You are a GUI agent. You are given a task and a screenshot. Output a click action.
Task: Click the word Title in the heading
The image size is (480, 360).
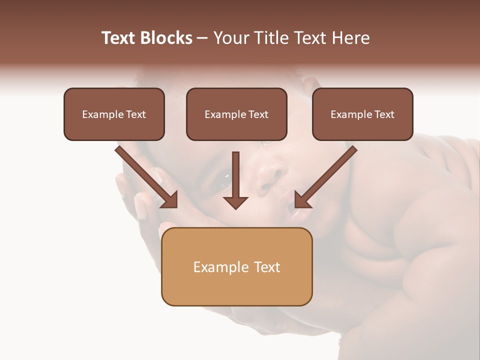pyautogui.click(x=270, y=38)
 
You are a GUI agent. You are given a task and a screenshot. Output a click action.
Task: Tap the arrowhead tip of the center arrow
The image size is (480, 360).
pyautogui.click(x=236, y=207)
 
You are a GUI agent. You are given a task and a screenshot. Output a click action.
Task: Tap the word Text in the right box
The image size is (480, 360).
pyautogui.click(x=383, y=114)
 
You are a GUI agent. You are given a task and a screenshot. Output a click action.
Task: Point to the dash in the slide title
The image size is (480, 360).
pyautogui.click(x=202, y=38)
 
